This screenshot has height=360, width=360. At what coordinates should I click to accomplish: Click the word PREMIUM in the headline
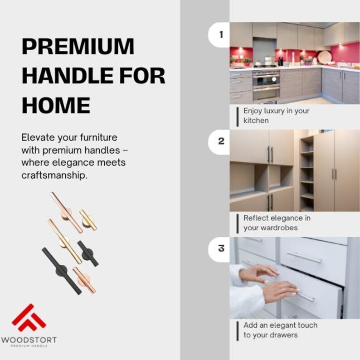coord(78,46)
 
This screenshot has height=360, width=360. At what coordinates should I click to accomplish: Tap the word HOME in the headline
coord(56,105)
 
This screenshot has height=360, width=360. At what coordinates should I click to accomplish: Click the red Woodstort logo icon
coord(29,317)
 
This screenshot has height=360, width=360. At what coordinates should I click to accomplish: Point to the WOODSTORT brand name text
coord(29,339)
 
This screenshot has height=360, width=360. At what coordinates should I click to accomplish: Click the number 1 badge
coord(221,34)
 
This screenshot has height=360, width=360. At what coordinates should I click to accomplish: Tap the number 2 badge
coord(221,141)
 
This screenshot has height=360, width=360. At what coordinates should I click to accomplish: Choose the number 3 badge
coord(221,248)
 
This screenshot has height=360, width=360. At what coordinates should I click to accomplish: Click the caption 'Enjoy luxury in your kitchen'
coord(276,116)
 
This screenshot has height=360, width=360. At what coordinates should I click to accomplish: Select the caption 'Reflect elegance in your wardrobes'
coord(277,223)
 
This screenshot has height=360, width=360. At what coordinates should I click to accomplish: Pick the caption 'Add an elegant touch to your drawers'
coord(280,330)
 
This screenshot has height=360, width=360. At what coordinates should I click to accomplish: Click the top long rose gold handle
coord(66,212)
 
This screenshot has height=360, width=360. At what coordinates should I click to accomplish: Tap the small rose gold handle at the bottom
coord(85,280)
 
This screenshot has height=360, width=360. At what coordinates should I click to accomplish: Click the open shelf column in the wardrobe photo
coord(307,172)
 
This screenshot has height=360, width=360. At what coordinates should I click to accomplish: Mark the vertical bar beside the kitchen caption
coord(237,116)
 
